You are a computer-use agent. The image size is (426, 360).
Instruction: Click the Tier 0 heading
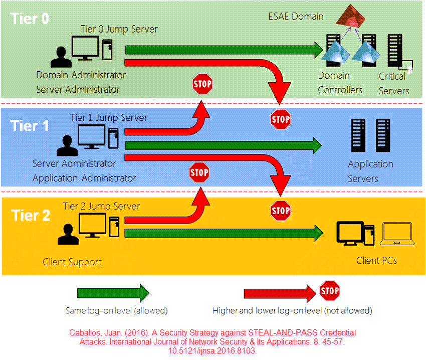(x=30, y=19)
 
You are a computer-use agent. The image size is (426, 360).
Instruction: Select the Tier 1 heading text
(x=30, y=125)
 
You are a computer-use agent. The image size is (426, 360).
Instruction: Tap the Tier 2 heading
(x=31, y=216)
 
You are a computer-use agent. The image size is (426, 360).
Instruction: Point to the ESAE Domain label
(x=295, y=16)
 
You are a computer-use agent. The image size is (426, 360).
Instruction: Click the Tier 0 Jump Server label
(x=119, y=29)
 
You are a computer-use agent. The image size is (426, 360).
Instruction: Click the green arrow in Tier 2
(x=224, y=233)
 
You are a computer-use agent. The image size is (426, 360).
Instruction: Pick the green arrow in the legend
(x=113, y=293)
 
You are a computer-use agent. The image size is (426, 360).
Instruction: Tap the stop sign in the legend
(x=329, y=291)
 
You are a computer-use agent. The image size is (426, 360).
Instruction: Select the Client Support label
(x=72, y=262)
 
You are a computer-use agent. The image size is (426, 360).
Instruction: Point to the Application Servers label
(x=370, y=171)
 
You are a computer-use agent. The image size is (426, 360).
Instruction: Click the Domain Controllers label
(x=340, y=83)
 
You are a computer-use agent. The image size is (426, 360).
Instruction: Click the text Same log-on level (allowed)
(x=116, y=311)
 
